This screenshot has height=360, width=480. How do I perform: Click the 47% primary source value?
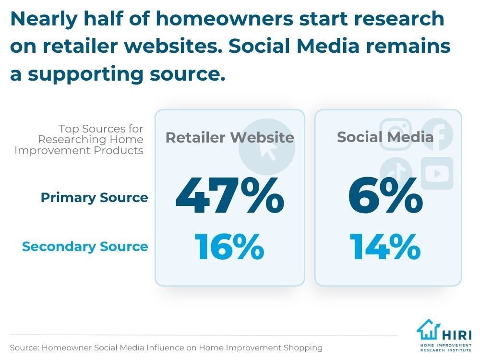point(230,195)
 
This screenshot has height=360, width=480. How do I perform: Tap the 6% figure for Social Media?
point(385,195)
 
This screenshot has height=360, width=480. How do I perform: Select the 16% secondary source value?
point(229,246)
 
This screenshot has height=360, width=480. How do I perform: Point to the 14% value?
point(385,246)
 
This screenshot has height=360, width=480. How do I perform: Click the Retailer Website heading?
point(230,137)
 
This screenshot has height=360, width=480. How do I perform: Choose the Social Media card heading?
point(385,137)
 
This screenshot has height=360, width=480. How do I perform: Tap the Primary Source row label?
point(94,198)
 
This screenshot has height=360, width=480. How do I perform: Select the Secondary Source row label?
point(85,246)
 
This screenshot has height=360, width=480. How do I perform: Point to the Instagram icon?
point(396,134)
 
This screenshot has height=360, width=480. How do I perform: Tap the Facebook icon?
point(437,134)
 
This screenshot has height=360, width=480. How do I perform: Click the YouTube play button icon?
point(437,173)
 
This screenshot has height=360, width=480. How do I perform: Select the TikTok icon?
point(396,171)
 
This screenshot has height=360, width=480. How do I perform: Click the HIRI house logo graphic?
point(429,330)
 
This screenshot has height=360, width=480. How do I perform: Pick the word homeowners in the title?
point(225,19)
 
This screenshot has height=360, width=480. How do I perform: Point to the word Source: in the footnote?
point(24,348)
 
